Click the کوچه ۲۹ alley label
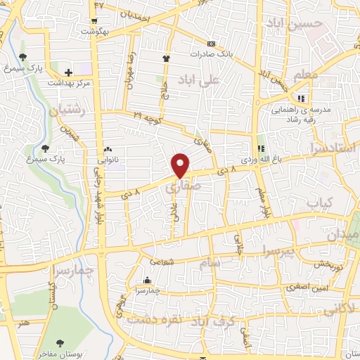click(148, 116)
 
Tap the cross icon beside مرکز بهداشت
click(69, 72)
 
